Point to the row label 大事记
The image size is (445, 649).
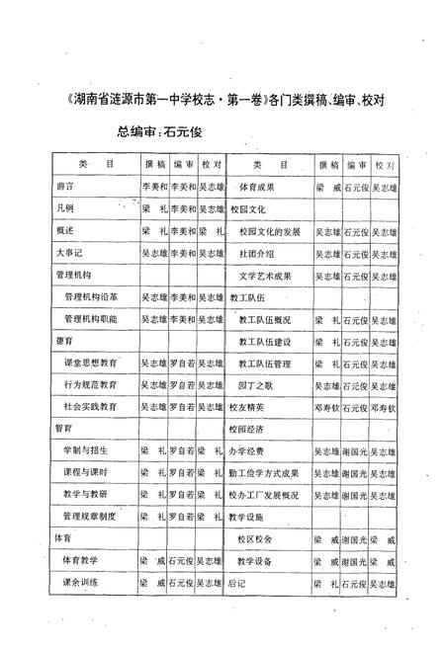click(x=69, y=253)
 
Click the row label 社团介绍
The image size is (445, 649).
click(x=255, y=253)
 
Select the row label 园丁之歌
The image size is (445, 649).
click(x=255, y=387)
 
